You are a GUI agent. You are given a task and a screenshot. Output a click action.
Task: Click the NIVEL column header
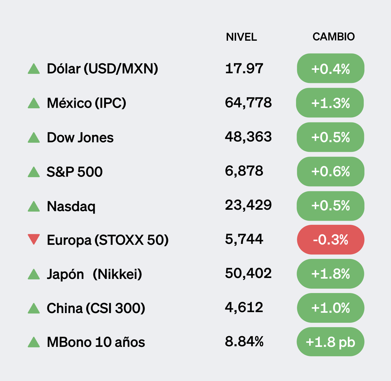(241, 37)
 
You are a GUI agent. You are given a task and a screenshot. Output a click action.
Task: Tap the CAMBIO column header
(334, 37)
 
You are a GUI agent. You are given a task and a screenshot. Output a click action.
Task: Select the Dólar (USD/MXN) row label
(102, 69)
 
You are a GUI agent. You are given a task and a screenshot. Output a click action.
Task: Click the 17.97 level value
(244, 68)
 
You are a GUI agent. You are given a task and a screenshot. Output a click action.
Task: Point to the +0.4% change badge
(330, 69)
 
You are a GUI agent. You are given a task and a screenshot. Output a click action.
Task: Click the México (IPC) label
(86, 103)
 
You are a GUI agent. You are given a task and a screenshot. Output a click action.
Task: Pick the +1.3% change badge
(330, 103)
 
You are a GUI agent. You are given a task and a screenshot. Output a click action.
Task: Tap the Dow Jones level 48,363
(248, 137)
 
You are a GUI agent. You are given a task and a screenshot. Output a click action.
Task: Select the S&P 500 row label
(75, 172)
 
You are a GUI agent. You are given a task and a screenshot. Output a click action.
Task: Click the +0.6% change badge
(330, 172)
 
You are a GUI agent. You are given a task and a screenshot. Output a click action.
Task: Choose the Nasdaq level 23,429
(248, 205)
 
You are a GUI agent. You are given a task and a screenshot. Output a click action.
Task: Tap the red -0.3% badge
(330, 240)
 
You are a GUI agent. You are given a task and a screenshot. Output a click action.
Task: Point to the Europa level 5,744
(244, 239)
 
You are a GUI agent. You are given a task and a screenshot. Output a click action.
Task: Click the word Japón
(65, 274)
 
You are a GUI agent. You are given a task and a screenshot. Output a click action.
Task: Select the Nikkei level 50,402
(248, 273)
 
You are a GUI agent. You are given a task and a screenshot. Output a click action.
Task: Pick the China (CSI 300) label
(96, 308)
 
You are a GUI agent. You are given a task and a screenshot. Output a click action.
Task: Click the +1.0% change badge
(330, 308)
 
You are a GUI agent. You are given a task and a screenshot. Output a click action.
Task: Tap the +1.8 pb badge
(330, 342)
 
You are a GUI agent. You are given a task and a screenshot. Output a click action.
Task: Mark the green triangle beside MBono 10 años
(34, 342)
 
